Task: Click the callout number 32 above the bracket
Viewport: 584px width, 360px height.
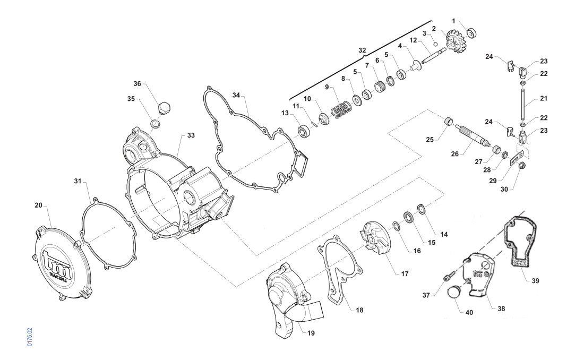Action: [362, 50]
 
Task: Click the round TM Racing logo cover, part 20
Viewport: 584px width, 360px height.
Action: [62, 263]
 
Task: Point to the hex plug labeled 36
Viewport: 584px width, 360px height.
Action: [164, 108]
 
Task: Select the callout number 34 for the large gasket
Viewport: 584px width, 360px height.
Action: [236, 95]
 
